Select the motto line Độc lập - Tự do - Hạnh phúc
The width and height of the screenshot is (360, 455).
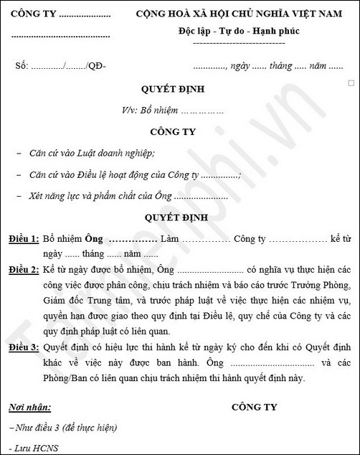pos(240,31)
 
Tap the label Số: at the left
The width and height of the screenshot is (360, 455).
pos(22,67)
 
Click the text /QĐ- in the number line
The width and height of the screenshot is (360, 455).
pos(95,67)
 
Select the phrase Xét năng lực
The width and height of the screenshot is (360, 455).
pos(58,196)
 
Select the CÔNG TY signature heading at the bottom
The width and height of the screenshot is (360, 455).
pos(254,407)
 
